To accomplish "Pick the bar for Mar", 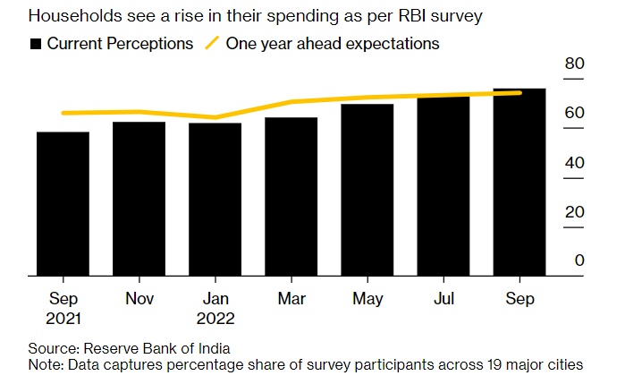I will [291, 197].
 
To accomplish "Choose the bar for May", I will [367, 190].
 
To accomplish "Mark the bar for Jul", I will [443, 186].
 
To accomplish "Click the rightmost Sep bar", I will [519, 183].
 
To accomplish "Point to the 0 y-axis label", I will [579, 260].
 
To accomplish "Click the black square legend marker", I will [36, 44].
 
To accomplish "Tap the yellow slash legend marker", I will [212, 43].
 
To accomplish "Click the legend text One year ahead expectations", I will [333, 44].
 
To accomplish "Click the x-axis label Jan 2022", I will [215, 307].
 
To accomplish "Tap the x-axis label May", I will [367, 299].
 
